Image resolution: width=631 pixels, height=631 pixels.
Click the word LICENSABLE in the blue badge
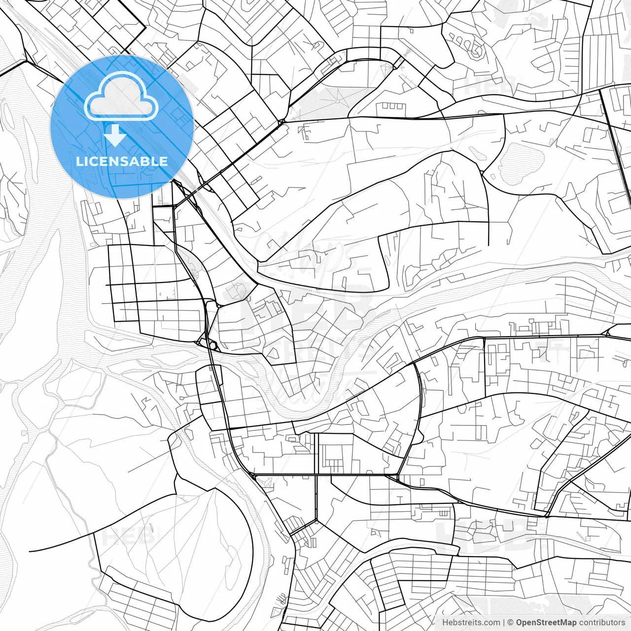(122, 161)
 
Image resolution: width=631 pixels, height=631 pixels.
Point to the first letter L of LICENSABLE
(79, 161)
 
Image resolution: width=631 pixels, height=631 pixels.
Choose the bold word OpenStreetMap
(546, 623)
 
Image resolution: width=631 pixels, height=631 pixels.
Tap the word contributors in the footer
(601, 623)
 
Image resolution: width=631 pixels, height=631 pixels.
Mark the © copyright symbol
(511, 623)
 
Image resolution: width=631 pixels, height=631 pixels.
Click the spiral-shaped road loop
(472, 47)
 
